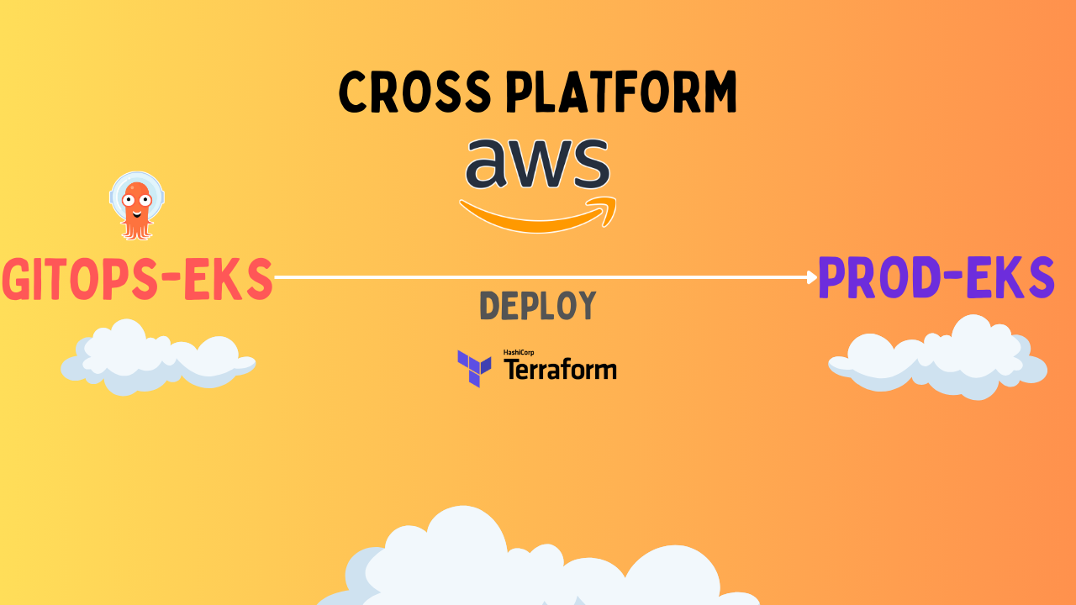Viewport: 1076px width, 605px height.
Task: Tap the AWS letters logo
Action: [537, 164]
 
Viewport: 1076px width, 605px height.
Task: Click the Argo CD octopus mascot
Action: [136, 205]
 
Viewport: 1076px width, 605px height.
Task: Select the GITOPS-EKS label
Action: [137, 279]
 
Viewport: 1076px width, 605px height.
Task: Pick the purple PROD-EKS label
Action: [936, 277]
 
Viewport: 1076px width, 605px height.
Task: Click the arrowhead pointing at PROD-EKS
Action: [812, 276]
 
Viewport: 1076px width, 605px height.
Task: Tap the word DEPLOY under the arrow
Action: [538, 307]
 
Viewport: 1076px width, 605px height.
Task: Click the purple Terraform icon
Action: [474, 367]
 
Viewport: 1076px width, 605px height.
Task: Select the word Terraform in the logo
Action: [560, 370]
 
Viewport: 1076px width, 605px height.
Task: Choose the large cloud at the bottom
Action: [538, 563]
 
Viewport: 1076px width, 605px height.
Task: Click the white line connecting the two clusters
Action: [538, 276]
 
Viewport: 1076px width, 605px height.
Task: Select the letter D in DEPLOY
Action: [490, 307]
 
